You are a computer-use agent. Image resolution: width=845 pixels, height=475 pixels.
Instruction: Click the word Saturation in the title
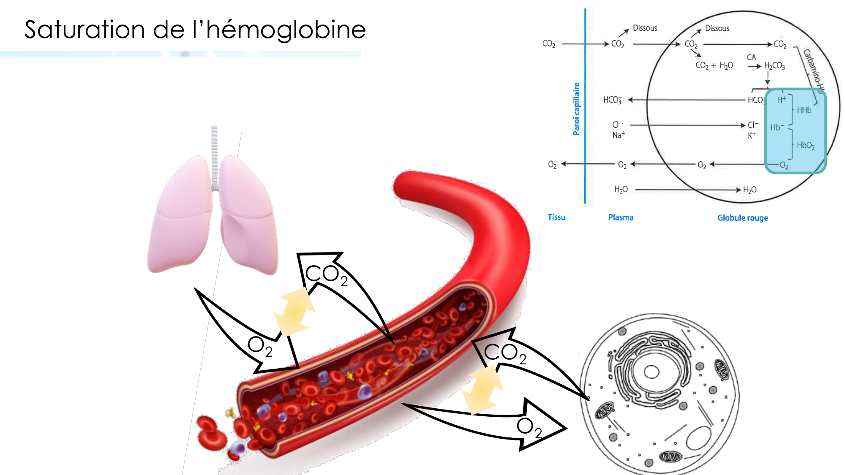pyautogui.click(x=84, y=30)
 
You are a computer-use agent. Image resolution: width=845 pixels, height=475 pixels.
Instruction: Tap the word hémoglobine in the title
pyautogui.click(x=286, y=30)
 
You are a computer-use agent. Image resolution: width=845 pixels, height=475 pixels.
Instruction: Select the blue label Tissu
pyautogui.click(x=556, y=217)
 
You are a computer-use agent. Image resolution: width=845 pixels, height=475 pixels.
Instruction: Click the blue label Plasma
pyautogui.click(x=621, y=217)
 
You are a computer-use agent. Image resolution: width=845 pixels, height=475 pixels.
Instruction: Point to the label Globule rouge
pyautogui.click(x=742, y=218)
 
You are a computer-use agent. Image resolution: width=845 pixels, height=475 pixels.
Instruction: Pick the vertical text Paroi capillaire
pyautogui.click(x=576, y=109)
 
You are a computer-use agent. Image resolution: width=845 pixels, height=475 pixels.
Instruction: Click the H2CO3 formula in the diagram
pyautogui.click(x=774, y=66)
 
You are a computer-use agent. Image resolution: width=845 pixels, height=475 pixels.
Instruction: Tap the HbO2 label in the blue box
pyautogui.click(x=805, y=145)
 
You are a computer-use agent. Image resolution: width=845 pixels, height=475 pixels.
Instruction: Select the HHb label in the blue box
pyautogui.click(x=804, y=110)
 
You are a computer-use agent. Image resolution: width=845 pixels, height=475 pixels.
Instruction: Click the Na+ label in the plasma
pyautogui.click(x=619, y=135)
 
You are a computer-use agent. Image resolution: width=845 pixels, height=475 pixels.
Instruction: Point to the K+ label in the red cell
pyautogui.click(x=752, y=136)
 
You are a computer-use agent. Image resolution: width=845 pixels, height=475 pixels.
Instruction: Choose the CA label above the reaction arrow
pyautogui.click(x=751, y=57)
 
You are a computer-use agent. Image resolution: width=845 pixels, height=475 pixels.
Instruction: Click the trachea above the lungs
pyautogui.click(x=215, y=156)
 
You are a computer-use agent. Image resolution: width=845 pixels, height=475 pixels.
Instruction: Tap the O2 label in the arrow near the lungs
pyautogui.click(x=260, y=346)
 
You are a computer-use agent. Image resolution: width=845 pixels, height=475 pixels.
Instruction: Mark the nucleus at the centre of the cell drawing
pyautogui.click(x=651, y=372)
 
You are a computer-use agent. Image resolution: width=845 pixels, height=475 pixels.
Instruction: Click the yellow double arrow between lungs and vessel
pyautogui.click(x=294, y=312)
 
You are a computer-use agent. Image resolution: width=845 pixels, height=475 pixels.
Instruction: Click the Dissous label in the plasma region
pyautogui.click(x=645, y=28)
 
